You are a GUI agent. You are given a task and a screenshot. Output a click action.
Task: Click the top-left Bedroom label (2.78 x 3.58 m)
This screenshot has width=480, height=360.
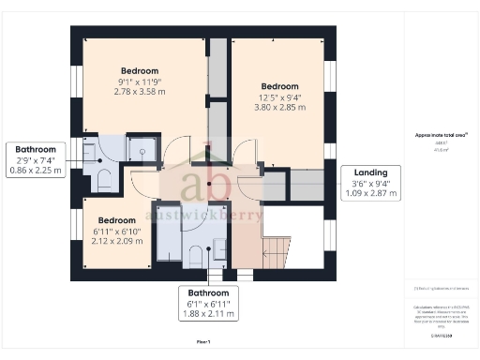[x=139, y=82]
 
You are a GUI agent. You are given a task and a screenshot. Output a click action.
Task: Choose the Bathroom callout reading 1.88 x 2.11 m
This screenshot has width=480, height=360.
[x=209, y=303]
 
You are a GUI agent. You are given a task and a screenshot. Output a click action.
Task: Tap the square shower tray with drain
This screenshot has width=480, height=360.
[x=141, y=148]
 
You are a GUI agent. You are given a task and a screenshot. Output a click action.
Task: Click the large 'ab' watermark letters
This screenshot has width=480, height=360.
[x=207, y=183]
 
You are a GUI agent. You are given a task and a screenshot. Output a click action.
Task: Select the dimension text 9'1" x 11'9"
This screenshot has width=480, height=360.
[x=139, y=82]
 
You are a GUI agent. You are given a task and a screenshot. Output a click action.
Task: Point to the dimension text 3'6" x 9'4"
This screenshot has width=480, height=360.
[x=369, y=184]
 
